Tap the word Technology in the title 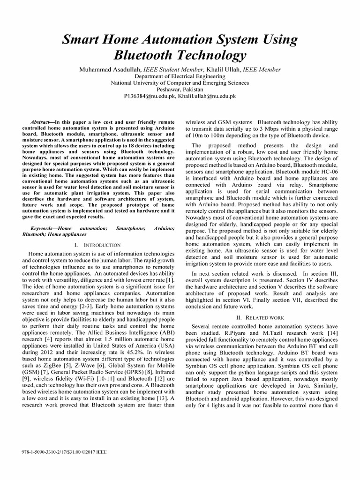coord(207,56)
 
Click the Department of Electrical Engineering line coord(180,76)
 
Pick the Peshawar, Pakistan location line coord(180,89)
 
